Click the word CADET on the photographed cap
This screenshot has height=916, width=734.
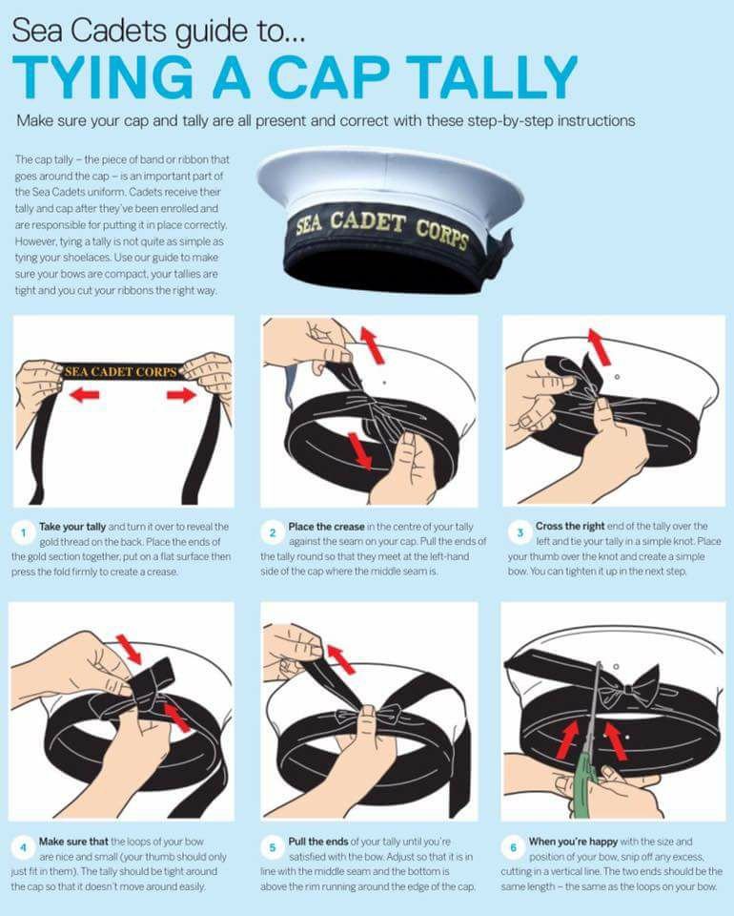point(367,222)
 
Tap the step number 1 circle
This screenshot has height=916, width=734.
point(23,532)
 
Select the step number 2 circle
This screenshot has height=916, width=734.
point(273,532)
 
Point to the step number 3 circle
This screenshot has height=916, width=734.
point(520,532)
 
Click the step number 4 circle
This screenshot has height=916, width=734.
point(23,847)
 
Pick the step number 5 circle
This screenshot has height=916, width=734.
point(273,847)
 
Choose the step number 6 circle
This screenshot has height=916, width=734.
point(514,847)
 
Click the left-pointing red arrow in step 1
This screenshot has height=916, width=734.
point(84,395)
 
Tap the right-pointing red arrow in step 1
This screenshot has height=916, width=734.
point(181,395)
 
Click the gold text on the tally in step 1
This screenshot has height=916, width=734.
point(121,371)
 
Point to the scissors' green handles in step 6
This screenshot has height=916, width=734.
point(584,782)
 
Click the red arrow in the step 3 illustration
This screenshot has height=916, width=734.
point(599,347)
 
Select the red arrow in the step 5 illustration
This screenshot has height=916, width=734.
point(340,659)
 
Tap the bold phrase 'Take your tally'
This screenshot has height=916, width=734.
point(72,527)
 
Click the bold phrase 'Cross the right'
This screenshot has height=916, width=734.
point(570,526)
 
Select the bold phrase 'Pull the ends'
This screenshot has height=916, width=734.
point(318,842)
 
